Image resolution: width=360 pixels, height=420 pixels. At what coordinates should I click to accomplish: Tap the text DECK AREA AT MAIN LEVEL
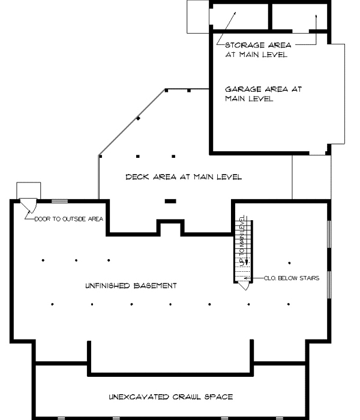(x=183, y=177)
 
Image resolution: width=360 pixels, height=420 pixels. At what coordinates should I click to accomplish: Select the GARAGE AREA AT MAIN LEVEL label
(x=263, y=94)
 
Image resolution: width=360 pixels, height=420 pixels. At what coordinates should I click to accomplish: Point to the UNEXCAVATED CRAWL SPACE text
(x=170, y=397)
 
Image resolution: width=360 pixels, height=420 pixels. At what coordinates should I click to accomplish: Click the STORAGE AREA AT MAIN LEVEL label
(x=257, y=49)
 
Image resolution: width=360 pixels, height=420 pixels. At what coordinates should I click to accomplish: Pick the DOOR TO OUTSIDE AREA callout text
(x=68, y=219)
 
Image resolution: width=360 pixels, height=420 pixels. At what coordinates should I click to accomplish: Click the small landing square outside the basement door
(x=28, y=190)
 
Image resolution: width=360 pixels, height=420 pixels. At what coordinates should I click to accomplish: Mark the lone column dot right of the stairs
(x=289, y=262)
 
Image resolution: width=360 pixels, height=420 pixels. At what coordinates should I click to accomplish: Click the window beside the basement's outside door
(x=60, y=200)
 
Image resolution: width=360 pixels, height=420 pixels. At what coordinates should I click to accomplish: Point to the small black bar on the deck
(x=170, y=201)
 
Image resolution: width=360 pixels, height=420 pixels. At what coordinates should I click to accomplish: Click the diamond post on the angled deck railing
(x=138, y=119)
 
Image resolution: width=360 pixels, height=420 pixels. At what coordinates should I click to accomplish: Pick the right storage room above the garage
(x=298, y=16)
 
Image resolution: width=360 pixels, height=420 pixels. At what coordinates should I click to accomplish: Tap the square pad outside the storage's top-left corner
(x=196, y=16)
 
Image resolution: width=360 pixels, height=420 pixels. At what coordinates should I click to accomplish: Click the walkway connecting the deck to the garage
(x=311, y=178)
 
